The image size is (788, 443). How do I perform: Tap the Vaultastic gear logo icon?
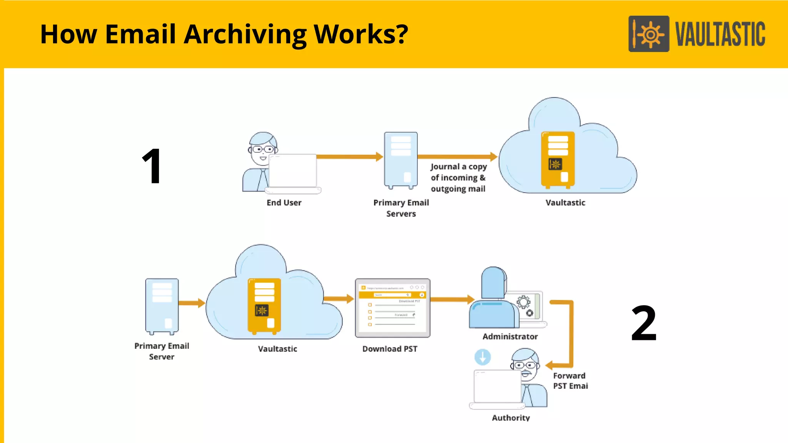(x=649, y=34)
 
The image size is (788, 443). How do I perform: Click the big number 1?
(x=152, y=166)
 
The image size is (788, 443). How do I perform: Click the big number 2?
(x=644, y=323)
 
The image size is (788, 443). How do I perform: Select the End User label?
(x=284, y=203)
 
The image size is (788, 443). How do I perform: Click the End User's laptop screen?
(x=293, y=170)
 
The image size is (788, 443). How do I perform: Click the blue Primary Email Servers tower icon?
(x=401, y=160)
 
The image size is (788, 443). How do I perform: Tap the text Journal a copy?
(x=459, y=167)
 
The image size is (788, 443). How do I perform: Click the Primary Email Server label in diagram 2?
(x=162, y=351)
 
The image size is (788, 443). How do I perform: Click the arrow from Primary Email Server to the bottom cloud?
(x=191, y=303)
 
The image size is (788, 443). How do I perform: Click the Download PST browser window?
(x=392, y=308)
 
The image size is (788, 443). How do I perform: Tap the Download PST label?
(x=389, y=349)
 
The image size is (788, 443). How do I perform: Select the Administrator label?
(x=510, y=336)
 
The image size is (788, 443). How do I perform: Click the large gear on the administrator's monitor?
(x=523, y=302)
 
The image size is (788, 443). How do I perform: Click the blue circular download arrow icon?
(x=482, y=357)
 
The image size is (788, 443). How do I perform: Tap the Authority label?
(x=511, y=418)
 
